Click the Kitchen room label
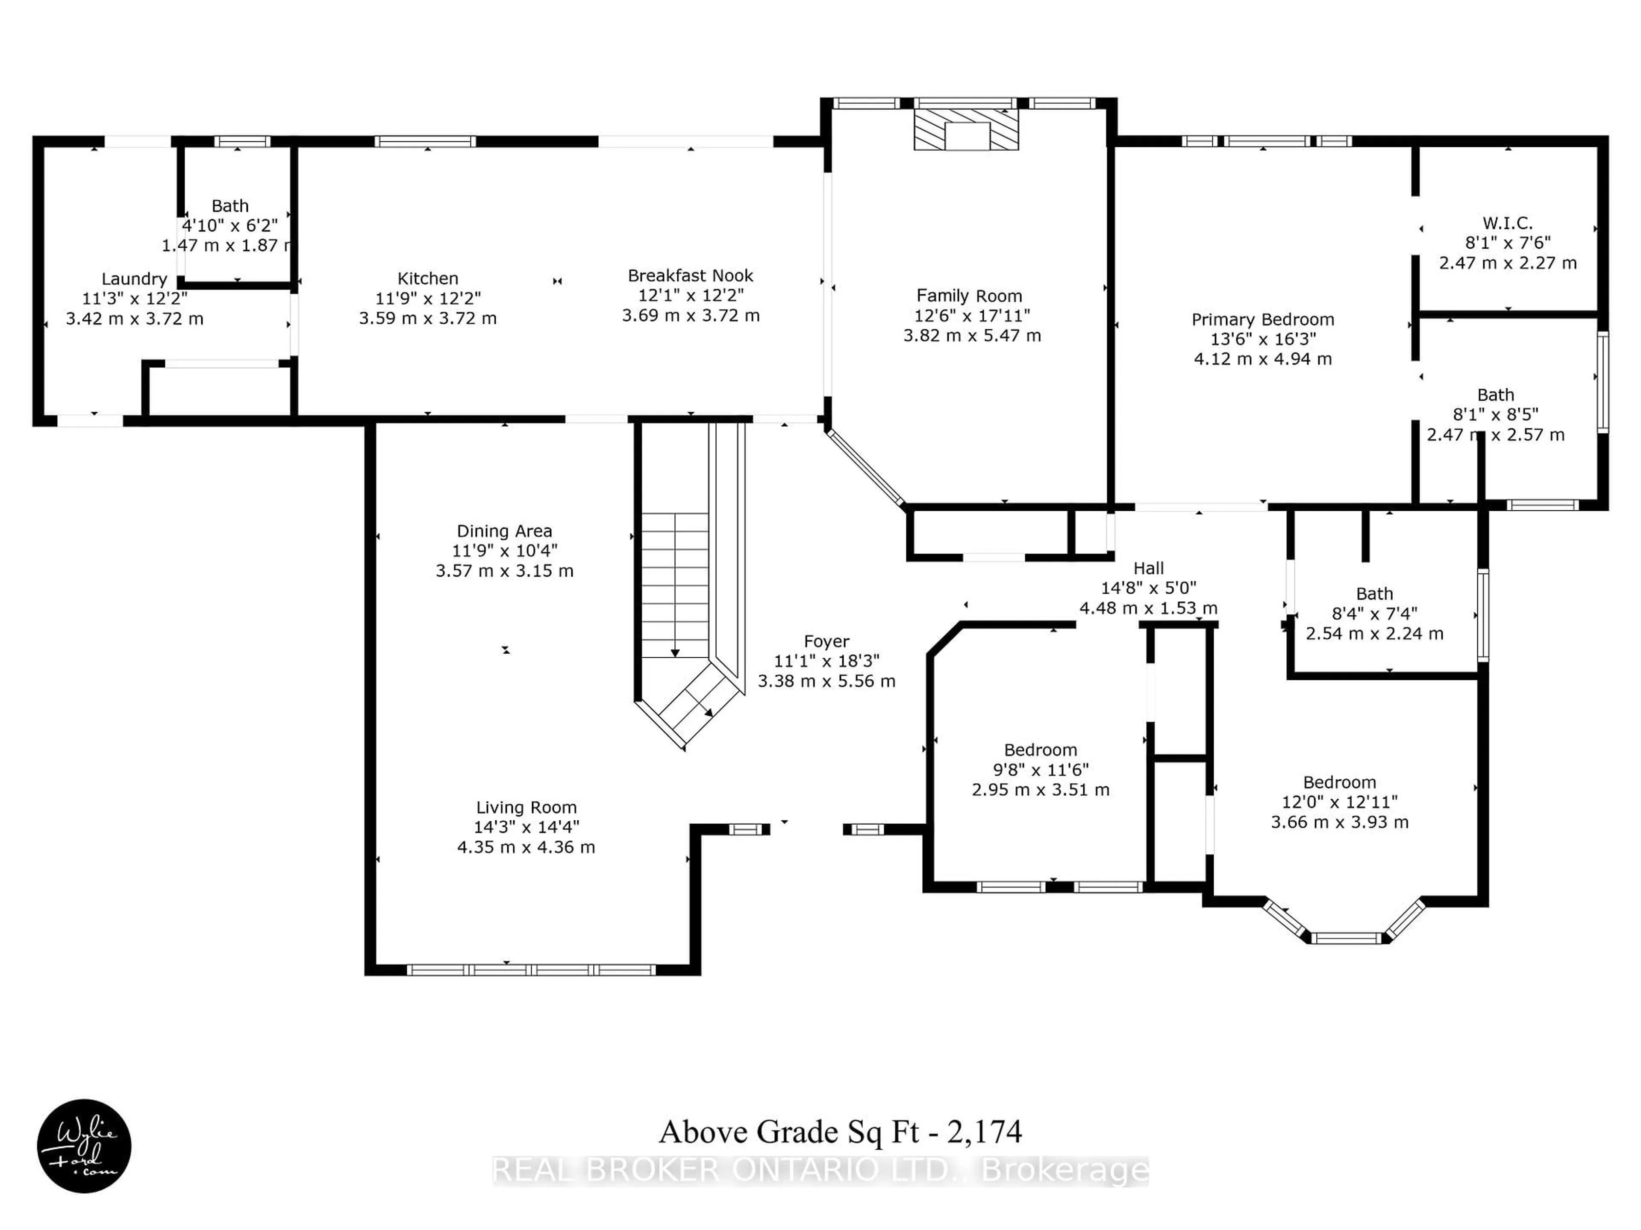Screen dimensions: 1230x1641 pyautogui.click(x=428, y=279)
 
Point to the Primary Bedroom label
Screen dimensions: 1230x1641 pyautogui.click(x=1263, y=319)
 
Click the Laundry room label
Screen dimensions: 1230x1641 pyautogui.click(x=134, y=279)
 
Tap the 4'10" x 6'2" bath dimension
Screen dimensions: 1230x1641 pyautogui.click(x=230, y=225)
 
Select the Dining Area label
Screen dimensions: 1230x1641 pyautogui.click(x=504, y=531)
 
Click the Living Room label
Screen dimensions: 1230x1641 pyautogui.click(x=526, y=807)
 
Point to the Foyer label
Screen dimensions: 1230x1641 pyautogui.click(x=826, y=641)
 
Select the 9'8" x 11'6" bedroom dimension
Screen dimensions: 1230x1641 pyautogui.click(x=1041, y=770)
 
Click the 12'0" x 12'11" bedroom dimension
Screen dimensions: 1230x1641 pyautogui.click(x=1340, y=802)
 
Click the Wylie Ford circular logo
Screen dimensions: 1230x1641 pyautogui.click(x=84, y=1145)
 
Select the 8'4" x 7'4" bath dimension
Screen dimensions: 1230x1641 pyautogui.click(x=1375, y=613)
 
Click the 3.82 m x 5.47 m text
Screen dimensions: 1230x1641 pyautogui.click(x=972, y=336)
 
